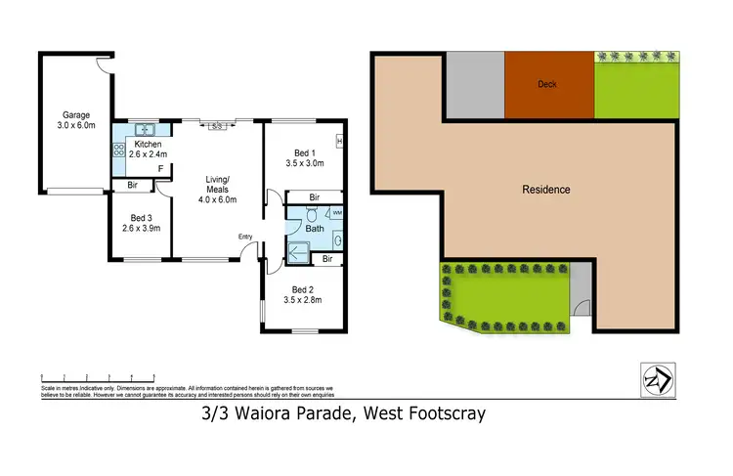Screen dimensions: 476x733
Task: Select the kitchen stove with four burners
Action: (x=120, y=151)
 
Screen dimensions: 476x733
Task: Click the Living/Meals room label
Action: (x=217, y=184)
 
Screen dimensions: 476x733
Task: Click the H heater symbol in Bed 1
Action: (x=339, y=143)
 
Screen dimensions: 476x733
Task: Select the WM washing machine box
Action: (x=337, y=212)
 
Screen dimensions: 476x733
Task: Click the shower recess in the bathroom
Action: (x=299, y=254)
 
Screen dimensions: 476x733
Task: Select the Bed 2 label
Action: (x=304, y=289)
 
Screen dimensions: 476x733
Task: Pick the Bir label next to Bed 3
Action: (x=131, y=185)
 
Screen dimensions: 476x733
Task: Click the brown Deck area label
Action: (x=548, y=84)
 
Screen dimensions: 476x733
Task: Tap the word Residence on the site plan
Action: (x=545, y=190)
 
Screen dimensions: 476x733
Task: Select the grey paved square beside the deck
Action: (x=474, y=84)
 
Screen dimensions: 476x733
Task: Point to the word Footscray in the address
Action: (x=443, y=414)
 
